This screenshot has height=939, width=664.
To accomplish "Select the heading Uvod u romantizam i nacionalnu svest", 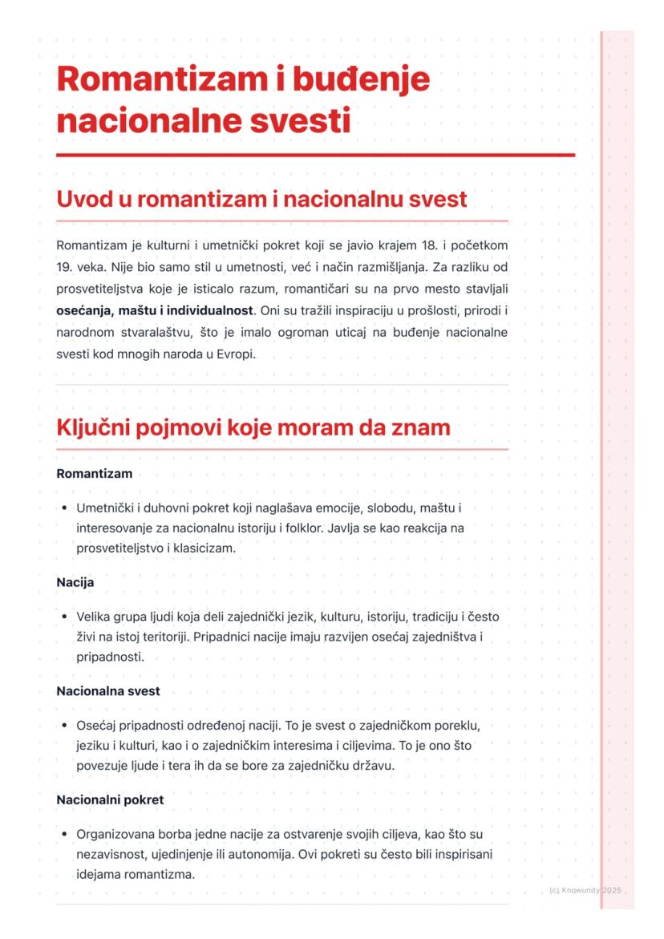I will pyautogui.click(x=261, y=199).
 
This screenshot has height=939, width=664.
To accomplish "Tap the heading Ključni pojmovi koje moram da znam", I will pyautogui.click(x=253, y=428).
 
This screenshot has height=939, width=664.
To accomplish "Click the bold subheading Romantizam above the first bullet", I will pyautogui.click(x=94, y=474).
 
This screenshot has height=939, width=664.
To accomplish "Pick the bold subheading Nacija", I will pyautogui.click(x=75, y=582).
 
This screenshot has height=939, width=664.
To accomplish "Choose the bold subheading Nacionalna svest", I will pyautogui.click(x=107, y=690).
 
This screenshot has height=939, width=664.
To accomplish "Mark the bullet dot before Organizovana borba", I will pyautogui.click(x=63, y=835).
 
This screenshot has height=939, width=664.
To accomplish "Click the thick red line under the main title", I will pyautogui.click(x=315, y=155).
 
